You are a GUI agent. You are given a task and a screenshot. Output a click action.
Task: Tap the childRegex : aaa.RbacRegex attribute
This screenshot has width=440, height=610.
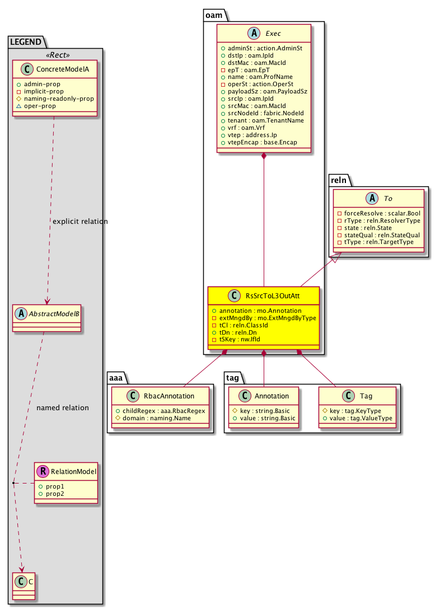point(161,411)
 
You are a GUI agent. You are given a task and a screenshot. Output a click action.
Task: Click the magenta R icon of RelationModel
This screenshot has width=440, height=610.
point(44,471)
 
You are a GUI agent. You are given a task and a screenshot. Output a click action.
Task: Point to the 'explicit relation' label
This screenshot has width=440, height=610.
point(80,222)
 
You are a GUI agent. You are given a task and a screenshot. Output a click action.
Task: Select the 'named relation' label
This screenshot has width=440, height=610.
point(63,407)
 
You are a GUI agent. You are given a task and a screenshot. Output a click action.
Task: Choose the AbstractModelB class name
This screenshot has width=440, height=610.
point(53,313)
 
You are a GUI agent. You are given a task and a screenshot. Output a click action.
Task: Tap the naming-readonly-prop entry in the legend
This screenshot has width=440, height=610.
point(59,98)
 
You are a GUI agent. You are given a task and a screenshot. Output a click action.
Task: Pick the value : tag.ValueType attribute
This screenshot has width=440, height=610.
point(361,418)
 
